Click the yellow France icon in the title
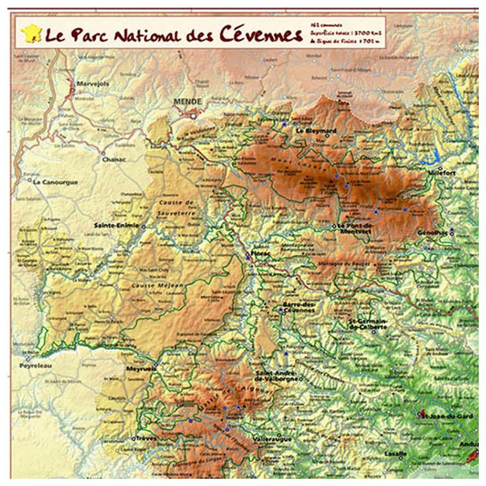pyautogui.click(x=31, y=33)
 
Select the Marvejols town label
pyautogui.click(x=93, y=84)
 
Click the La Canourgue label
pyautogui.click(x=56, y=182)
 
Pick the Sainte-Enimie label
pyautogui.click(x=117, y=225)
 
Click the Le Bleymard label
pyautogui.click(x=316, y=131)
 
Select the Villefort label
pyautogui.click(x=444, y=170)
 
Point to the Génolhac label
pyautogui.click(x=432, y=233)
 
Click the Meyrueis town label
pyautogui.click(x=140, y=370)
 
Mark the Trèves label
pyautogui.click(x=147, y=438)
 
